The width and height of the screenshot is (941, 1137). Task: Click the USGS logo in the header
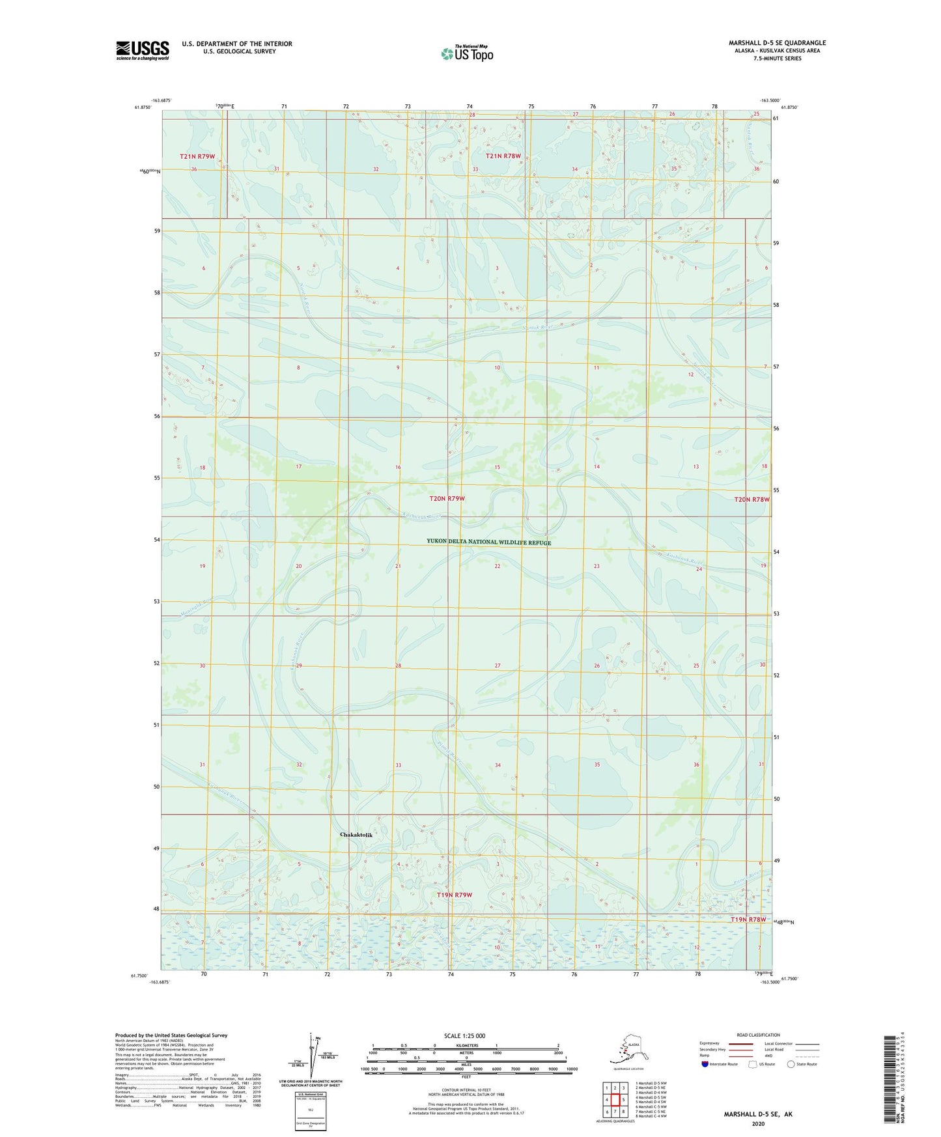click(142, 50)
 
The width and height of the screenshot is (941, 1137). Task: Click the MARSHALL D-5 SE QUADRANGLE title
click(777, 43)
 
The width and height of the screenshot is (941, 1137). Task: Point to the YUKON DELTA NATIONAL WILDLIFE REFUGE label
click(488, 542)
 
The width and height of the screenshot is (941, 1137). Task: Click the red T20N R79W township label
click(447, 498)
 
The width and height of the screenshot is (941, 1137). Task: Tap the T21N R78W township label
click(503, 156)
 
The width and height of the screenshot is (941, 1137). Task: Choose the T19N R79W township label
click(455, 895)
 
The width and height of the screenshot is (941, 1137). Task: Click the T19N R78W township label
click(748, 919)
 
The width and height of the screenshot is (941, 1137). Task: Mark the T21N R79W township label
click(197, 156)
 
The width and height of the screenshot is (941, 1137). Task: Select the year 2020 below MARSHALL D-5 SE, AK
click(758, 1123)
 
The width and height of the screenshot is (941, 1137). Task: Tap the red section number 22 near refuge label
click(498, 566)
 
